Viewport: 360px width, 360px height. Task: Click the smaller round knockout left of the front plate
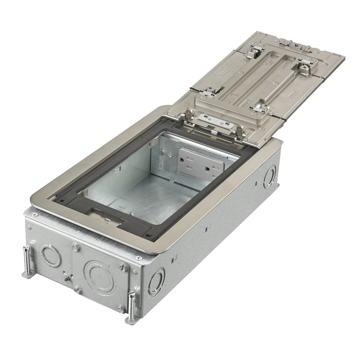(51, 255)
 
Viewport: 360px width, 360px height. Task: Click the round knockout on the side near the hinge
(270, 177)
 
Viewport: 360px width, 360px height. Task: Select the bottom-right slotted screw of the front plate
(122, 309)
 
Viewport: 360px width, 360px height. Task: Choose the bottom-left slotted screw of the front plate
(78, 290)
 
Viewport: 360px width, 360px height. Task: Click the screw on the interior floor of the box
(130, 214)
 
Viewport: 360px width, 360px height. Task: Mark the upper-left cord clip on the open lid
(252, 53)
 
